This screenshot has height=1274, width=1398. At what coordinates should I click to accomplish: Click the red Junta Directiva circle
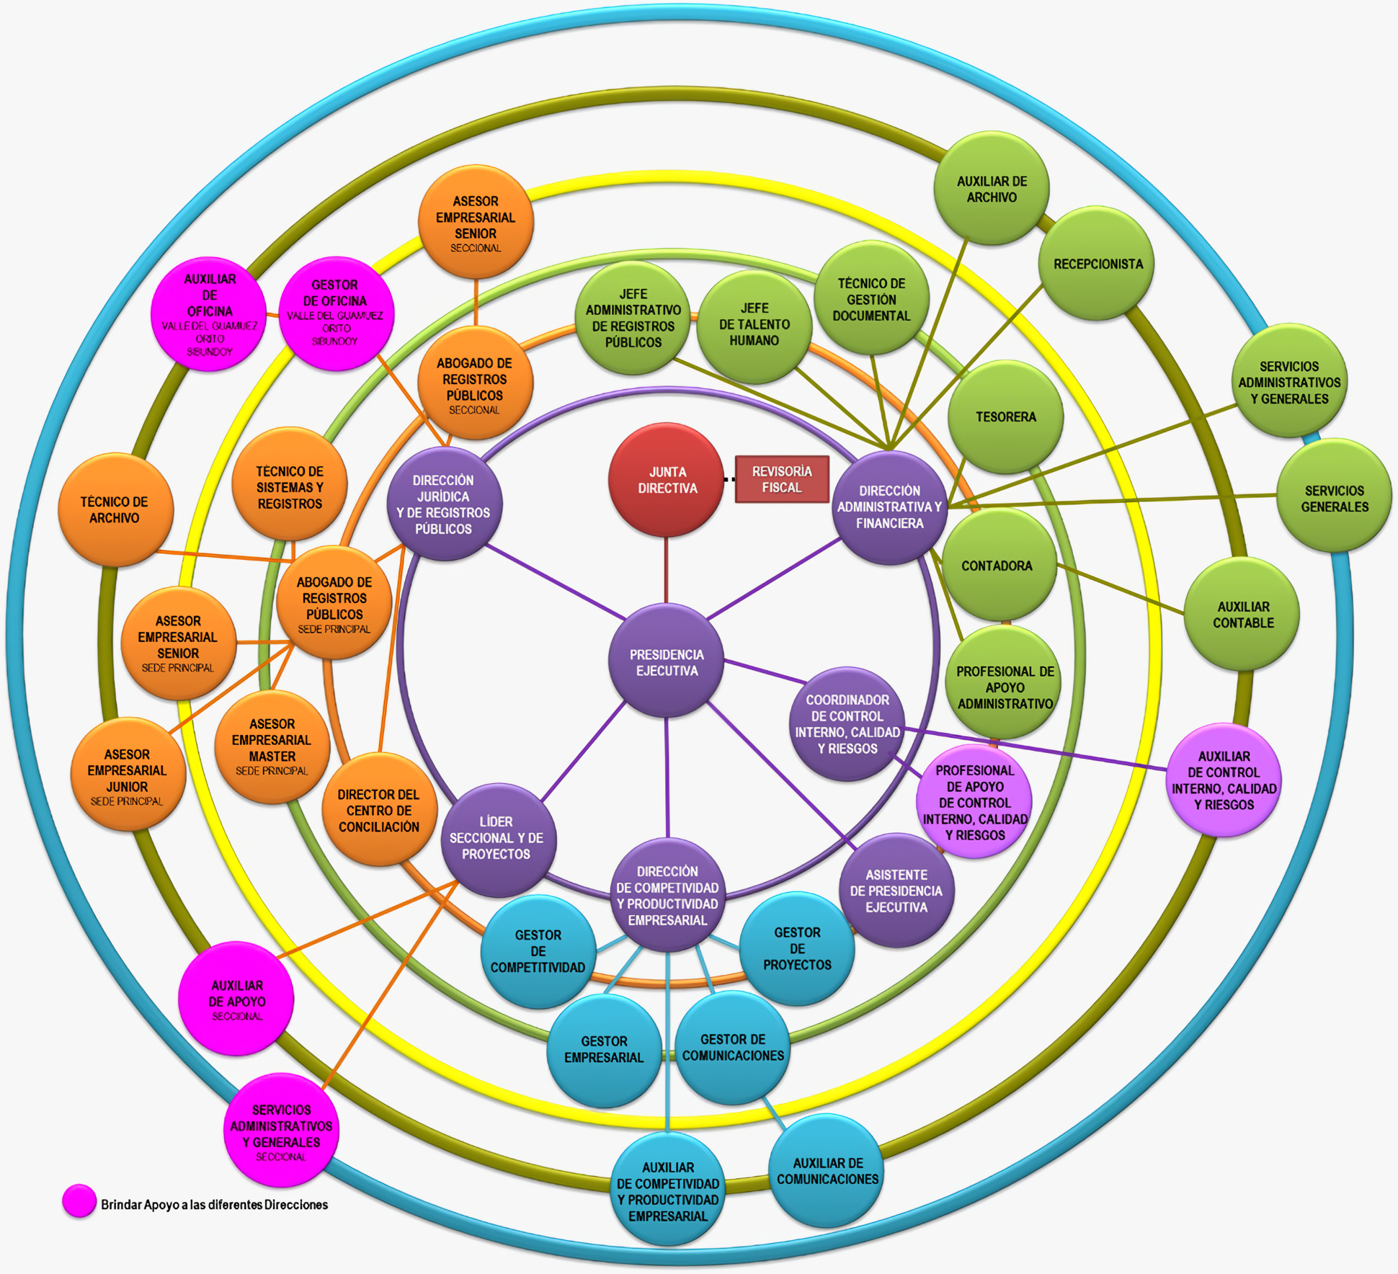click(666, 480)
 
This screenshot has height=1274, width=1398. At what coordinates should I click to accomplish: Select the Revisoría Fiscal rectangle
click(782, 479)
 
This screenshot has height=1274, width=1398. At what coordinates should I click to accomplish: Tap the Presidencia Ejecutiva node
click(666, 661)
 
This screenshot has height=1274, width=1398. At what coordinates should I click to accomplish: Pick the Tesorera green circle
click(1005, 417)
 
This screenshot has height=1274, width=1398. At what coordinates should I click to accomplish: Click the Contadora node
click(997, 566)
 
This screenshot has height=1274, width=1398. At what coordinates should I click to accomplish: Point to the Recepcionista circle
click(1096, 264)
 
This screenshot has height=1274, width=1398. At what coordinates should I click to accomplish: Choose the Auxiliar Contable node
click(1242, 615)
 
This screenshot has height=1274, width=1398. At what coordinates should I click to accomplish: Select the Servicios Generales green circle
click(1334, 498)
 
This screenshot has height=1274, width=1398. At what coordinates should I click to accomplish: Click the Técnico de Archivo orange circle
click(115, 509)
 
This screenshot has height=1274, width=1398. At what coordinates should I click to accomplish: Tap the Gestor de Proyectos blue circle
click(797, 948)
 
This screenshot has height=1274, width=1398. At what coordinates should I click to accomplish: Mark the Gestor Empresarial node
click(604, 1049)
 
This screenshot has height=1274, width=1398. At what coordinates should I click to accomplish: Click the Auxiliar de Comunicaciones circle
click(827, 1170)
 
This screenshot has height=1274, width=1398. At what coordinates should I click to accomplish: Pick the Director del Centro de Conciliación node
click(379, 810)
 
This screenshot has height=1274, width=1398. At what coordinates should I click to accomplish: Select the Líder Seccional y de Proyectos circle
click(497, 838)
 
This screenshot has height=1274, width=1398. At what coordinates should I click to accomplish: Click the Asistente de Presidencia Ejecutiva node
click(896, 891)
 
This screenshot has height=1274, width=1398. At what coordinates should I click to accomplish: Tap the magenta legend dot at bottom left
click(79, 1201)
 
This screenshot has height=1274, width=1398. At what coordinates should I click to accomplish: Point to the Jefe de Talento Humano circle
click(754, 324)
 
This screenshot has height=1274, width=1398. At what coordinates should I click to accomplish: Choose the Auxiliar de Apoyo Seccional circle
click(236, 999)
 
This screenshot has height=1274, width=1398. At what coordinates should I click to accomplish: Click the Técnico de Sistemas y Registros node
click(290, 487)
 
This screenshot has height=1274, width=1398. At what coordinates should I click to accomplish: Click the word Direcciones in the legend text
click(295, 1205)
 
